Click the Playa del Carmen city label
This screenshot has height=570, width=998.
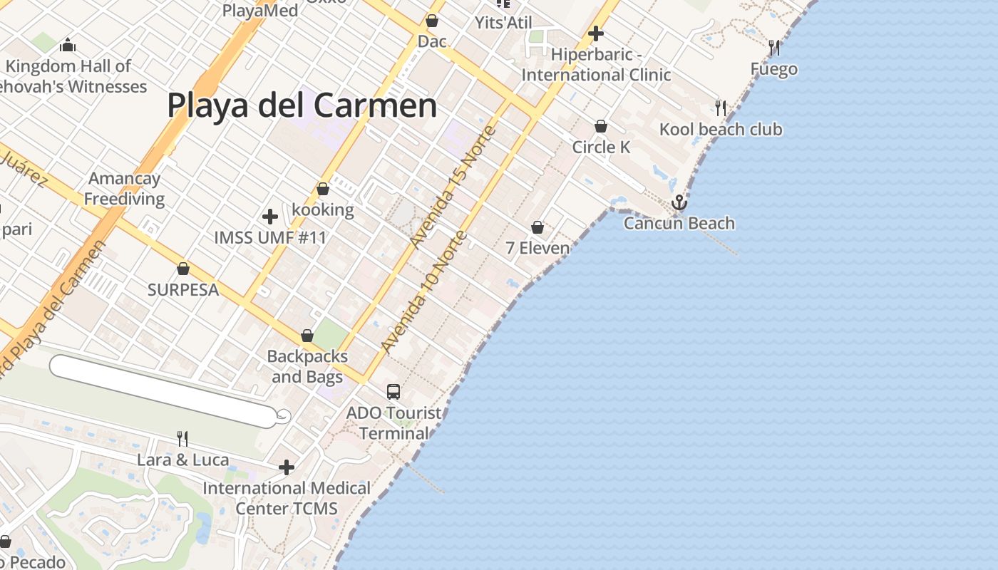(302, 105)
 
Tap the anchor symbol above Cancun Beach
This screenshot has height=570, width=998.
(679, 203)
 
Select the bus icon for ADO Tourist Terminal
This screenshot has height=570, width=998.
(393, 391)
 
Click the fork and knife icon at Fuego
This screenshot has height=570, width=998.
(774, 48)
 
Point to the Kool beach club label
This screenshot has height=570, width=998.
(720, 130)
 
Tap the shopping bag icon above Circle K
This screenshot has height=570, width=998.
(601, 126)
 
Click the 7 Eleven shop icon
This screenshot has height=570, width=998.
(537, 227)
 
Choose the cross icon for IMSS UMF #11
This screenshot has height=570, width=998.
(270, 216)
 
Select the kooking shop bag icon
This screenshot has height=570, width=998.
(323, 189)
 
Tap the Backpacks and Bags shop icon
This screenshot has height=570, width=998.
(307, 335)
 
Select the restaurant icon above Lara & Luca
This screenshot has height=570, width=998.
(182, 438)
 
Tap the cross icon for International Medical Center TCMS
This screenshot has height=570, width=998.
(287, 467)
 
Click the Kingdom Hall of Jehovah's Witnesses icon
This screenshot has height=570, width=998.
(68, 46)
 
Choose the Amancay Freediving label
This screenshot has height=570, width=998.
(125, 189)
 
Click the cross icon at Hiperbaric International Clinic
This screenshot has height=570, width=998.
(596, 33)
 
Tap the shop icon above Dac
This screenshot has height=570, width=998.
(431, 21)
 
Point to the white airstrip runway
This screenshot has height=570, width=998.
(164, 391)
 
